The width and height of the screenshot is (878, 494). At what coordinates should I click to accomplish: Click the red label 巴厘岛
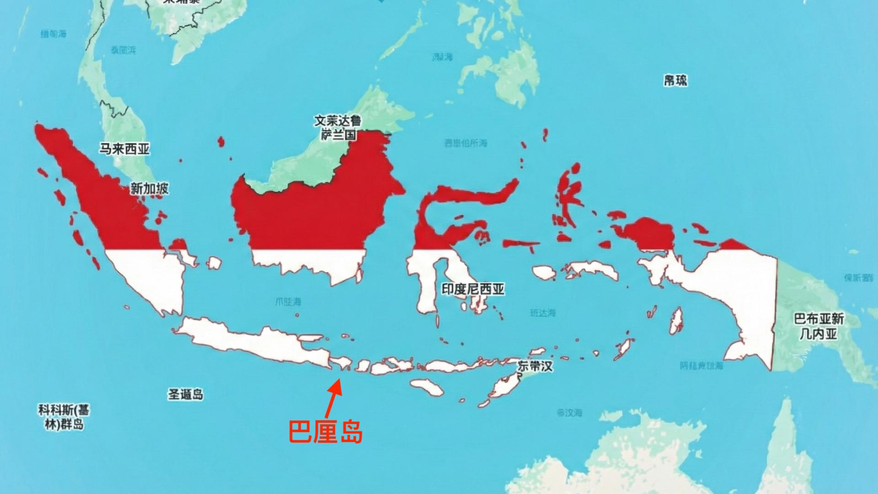coord(326,431)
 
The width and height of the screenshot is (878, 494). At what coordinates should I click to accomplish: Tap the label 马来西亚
coord(125,149)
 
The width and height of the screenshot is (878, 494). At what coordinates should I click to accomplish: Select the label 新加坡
coord(149,188)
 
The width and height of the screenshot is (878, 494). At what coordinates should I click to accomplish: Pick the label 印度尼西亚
coord(473,289)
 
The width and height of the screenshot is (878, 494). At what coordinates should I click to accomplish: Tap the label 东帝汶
coord(535,366)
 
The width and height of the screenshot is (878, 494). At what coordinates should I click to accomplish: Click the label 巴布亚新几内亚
coord(819,326)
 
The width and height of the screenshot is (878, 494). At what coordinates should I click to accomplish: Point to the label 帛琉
coord(675,81)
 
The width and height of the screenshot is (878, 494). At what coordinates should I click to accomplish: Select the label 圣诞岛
coord(185,394)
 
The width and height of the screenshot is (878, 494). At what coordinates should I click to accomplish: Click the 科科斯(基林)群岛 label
coord(64,417)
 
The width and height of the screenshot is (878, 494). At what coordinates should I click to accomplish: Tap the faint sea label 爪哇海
coord(288,302)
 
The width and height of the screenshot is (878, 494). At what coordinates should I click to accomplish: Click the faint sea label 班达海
coord(543,313)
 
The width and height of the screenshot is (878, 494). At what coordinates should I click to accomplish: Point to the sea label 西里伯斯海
coord(466,143)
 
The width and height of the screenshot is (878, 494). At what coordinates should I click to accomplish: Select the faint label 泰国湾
coord(123,50)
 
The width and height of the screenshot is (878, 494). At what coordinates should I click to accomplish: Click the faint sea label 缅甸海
coord(54,34)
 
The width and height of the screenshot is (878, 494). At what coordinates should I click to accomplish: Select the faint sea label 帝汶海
coord(569,413)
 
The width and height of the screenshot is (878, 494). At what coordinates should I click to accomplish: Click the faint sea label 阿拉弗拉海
coord(701,365)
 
